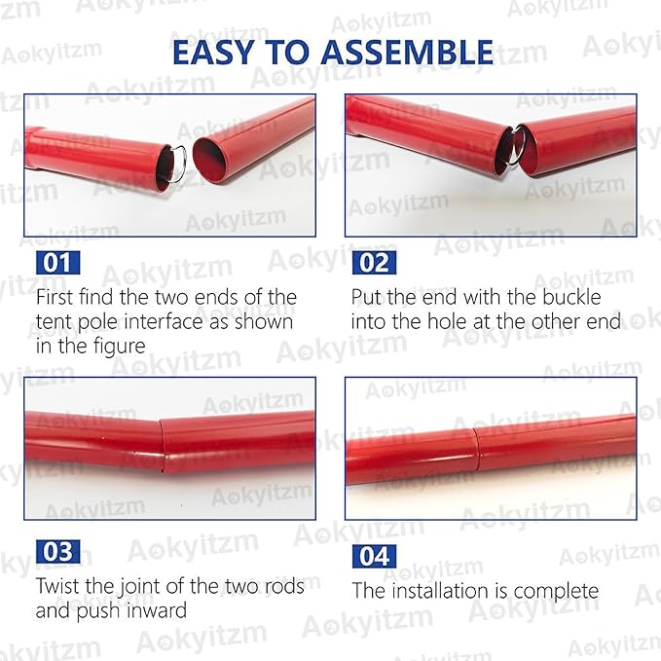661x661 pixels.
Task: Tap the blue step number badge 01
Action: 58,263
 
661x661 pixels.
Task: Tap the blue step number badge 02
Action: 375,263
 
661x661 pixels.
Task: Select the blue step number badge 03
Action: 58,552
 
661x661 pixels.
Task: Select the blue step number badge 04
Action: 375,557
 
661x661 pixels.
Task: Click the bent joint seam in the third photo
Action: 163,443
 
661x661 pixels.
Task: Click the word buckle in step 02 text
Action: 569,297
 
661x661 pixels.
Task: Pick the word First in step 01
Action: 57,297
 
